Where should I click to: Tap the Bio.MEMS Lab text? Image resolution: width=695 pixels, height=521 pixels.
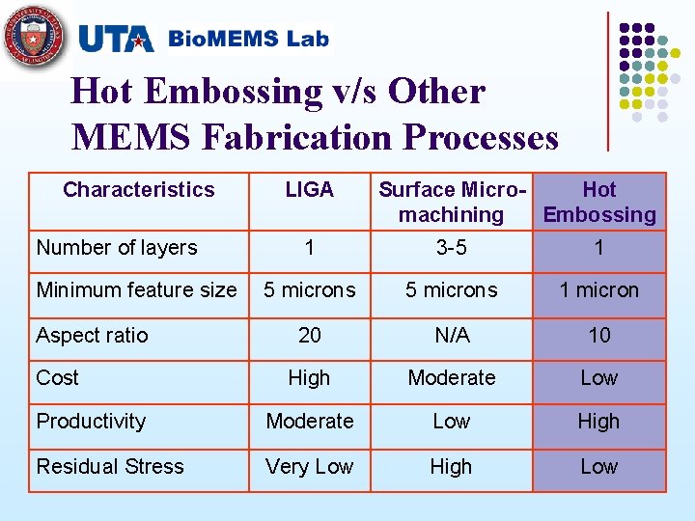click(x=248, y=40)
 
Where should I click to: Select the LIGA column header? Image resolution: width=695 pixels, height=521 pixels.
click(x=309, y=190)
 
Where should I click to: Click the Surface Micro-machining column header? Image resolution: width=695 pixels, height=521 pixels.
click(x=451, y=202)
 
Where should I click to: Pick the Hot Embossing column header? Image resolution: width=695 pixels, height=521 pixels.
click(x=598, y=202)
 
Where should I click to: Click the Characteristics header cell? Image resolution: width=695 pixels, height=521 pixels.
click(x=138, y=190)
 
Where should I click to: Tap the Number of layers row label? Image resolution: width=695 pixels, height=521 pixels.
click(x=117, y=248)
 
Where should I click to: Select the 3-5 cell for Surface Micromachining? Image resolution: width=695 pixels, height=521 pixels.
click(x=451, y=248)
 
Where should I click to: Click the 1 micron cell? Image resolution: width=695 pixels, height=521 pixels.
click(x=598, y=290)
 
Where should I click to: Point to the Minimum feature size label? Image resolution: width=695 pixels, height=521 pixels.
click(x=136, y=290)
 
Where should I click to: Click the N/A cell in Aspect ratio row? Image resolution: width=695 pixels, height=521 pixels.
click(x=451, y=336)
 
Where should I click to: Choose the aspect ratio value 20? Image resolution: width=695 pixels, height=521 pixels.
click(x=309, y=336)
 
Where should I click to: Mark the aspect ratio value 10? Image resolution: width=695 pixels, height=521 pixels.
click(x=598, y=336)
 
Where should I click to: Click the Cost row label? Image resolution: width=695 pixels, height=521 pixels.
click(x=58, y=378)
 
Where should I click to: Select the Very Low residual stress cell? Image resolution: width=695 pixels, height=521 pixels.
click(x=309, y=467)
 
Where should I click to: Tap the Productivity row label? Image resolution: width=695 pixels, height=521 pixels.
click(x=91, y=422)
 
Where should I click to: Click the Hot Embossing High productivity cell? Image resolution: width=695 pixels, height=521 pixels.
click(x=598, y=422)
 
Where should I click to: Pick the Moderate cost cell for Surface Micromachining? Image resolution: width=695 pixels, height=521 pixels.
click(x=451, y=378)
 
